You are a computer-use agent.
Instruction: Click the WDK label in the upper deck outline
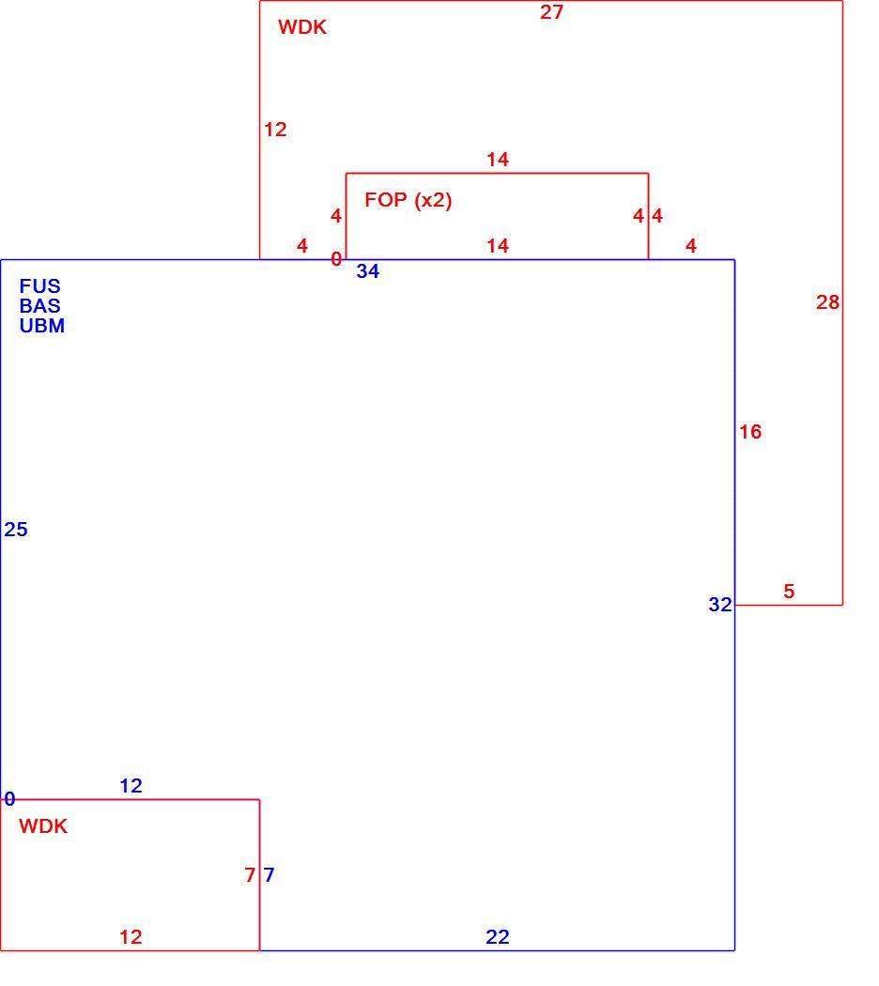click(302, 27)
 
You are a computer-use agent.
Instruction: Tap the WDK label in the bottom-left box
click(43, 826)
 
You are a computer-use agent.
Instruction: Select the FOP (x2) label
click(409, 200)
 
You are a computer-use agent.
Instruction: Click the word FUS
click(39, 286)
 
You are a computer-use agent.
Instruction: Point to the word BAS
click(39, 305)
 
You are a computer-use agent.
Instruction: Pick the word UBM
click(41, 326)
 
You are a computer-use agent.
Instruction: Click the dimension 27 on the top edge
click(551, 12)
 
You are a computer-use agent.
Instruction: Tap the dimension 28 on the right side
click(827, 302)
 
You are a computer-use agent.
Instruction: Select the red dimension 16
click(750, 432)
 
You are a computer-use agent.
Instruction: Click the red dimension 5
click(789, 591)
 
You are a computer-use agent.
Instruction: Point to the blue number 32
click(720, 605)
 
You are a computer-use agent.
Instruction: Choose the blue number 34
click(368, 271)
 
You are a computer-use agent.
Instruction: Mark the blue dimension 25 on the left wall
click(16, 530)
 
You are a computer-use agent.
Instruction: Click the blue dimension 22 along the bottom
click(498, 937)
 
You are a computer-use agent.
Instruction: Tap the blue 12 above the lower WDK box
click(131, 785)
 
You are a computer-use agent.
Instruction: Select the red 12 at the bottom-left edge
click(131, 937)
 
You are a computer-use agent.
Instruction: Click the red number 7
click(250, 874)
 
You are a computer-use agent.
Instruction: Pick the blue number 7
click(270, 874)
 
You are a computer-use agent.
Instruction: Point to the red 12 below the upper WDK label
click(275, 130)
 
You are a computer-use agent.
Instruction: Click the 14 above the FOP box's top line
click(498, 160)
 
